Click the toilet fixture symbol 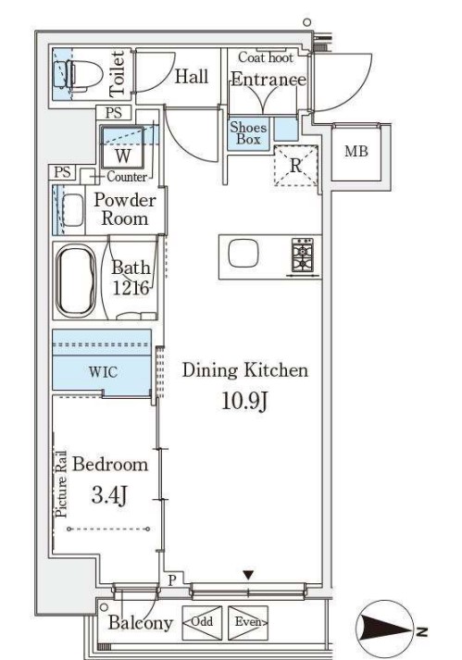pos(80,75)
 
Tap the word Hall pos(192,77)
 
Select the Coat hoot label pos(266,56)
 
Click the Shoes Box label pos(248,133)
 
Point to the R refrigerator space pos(295,166)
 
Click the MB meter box pos(356,152)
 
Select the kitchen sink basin pos(243,253)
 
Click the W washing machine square pos(122,147)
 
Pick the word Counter pos(127,177)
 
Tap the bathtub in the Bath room pos(76,280)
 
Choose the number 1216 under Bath pos(131,288)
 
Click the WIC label pos(103,372)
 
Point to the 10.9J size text pos(244,401)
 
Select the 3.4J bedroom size pos(109,494)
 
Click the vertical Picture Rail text pos(61,484)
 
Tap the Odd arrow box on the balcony pos(202,622)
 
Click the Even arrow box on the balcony pos(248,622)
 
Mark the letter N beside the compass pos(423,630)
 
